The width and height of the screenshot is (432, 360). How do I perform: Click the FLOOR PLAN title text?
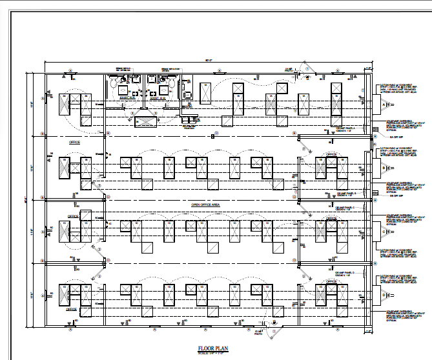click(214, 348)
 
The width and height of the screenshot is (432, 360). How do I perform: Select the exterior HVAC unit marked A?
click(384, 105)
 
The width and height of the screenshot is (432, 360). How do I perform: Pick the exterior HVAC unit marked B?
click(384, 168)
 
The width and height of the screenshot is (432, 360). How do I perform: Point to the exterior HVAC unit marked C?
click(384, 231)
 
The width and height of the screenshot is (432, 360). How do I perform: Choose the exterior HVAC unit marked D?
click(384, 294)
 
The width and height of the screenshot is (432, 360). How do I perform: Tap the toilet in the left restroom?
click(114, 82)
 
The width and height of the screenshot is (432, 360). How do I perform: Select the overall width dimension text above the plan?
click(208, 60)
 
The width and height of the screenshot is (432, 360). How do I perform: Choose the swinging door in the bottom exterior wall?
click(273, 333)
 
